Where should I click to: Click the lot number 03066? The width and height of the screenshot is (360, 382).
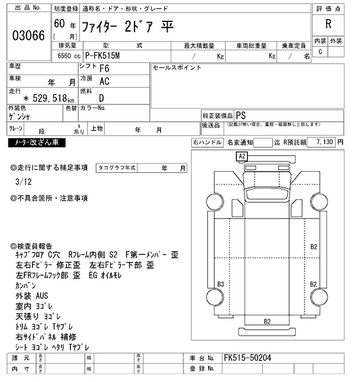click(x=28, y=35)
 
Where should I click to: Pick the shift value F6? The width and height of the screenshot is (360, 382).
click(x=104, y=69)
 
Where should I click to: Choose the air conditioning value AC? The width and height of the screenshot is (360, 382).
click(x=104, y=82)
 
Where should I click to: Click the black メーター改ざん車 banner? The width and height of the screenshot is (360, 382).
click(x=37, y=143)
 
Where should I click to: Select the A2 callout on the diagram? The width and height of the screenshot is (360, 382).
click(x=242, y=155)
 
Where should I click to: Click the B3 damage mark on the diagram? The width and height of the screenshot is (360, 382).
click(x=221, y=283)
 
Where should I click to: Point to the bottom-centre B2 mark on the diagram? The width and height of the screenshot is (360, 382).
click(x=267, y=321)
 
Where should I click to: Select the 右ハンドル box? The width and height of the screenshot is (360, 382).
click(x=208, y=143)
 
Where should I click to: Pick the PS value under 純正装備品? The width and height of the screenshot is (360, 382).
click(x=240, y=115)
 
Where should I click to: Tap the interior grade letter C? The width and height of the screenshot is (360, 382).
click(x=321, y=52)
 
